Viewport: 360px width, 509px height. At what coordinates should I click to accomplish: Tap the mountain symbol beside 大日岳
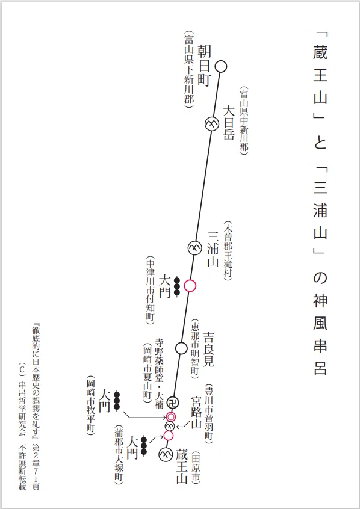click(x=211, y=124)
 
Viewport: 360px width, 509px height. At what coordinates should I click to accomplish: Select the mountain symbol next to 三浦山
click(x=194, y=248)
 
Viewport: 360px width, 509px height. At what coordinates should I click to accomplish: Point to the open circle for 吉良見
click(x=181, y=348)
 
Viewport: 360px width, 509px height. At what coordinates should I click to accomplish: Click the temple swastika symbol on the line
click(x=173, y=403)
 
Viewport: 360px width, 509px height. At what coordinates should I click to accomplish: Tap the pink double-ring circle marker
click(x=171, y=416)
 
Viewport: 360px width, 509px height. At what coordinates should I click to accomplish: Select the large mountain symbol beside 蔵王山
click(x=166, y=454)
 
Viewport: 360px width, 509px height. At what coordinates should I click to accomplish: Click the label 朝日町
click(x=205, y=65)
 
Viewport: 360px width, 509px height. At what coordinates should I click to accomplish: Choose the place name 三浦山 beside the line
click(x=213, y=248)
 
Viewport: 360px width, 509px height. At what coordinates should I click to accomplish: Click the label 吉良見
click(x=208, y=348)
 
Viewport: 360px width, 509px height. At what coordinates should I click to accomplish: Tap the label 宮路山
click(x=196, y=412)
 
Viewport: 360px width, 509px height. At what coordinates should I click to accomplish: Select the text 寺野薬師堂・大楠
click(x=159, y=373)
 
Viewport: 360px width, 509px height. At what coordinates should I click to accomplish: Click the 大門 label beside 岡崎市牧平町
click(x=104, y=401)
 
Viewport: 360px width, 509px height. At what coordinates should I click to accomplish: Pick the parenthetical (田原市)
click(x=196, y=467)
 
